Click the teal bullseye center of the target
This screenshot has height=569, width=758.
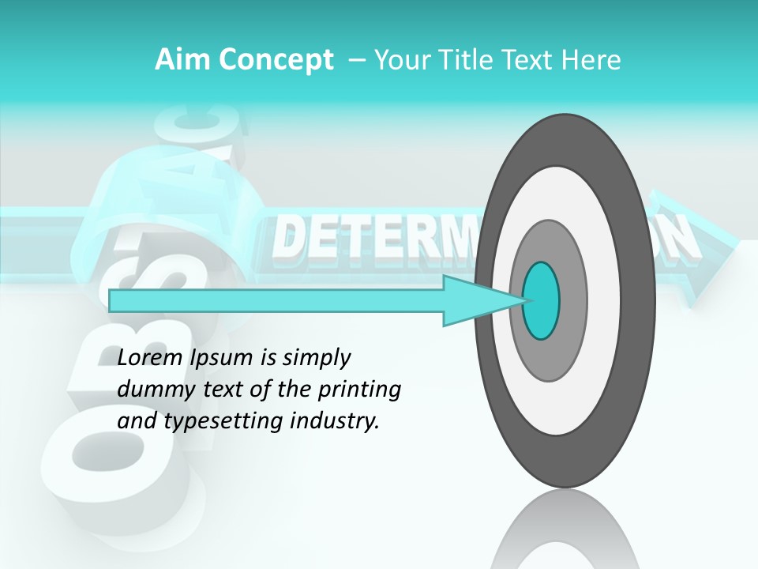[x=542, y=300]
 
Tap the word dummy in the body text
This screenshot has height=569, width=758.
[x=151, y=390]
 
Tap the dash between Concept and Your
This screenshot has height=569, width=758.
[x=355, y=60]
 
